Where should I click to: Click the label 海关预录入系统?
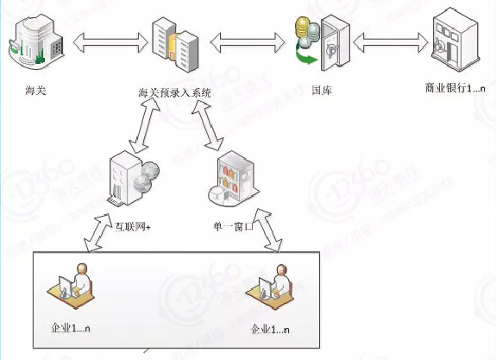174,92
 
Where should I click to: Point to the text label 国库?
321,89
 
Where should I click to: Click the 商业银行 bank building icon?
455,41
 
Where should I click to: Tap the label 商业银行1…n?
455,89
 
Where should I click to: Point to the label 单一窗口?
233,227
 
